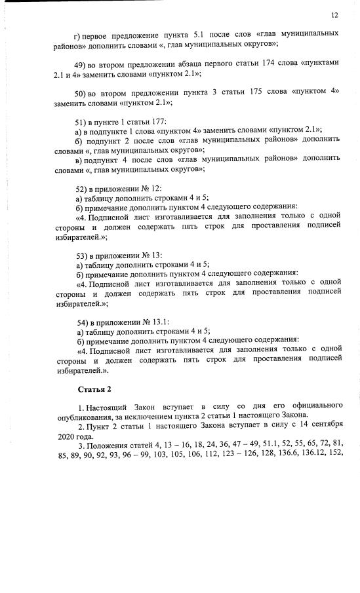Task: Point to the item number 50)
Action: tap(83, 92)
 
